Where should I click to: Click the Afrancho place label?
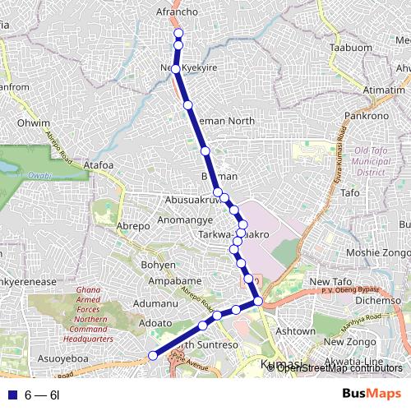[x=178, y=12]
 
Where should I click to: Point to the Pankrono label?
[x=366, y=116]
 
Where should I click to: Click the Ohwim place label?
[x=34, y=123]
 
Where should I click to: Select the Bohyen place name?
[x=159, y=265]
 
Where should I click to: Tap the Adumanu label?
[x=155, y=303]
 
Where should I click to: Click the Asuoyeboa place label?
[x=63, y=358]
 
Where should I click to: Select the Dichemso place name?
[x=377, y=300]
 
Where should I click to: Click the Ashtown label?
[x=295, y=330]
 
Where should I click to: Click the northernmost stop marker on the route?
[x=178, y=34]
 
